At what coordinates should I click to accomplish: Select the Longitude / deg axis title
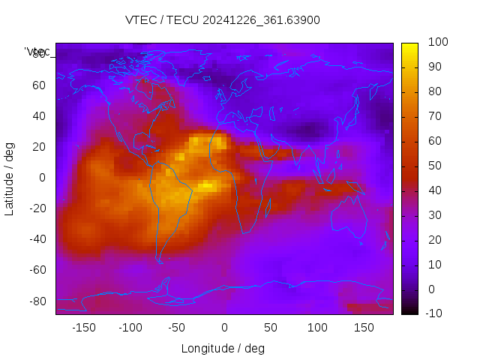pyautogui.click(x=223, y=348)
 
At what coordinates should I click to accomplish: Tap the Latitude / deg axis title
pyautogui.click(x=10, y=178)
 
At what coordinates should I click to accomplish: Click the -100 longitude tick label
pyautogui.click(x=130, y=327)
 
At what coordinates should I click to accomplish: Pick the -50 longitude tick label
pyautogui.click(x=177, y=327)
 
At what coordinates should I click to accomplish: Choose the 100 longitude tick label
pyautogui.click(x=317, y=327)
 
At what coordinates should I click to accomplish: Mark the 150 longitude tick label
pyautogui.click(x=364, y=327)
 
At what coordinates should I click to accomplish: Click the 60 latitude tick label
pyautogui.click(x=39, y=85)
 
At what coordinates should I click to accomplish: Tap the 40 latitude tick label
pyautogui.click(x=39, y=116)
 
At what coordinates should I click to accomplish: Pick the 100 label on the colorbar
pyautogui.click(x=437, y=43)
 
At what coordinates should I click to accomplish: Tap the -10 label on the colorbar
pyautogui.click(x=435, y=313)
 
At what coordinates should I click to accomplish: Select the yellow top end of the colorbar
pyautogui.click(x=409, y=46)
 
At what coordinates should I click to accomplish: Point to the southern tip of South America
pyautogui.click(x=160, y=261)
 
